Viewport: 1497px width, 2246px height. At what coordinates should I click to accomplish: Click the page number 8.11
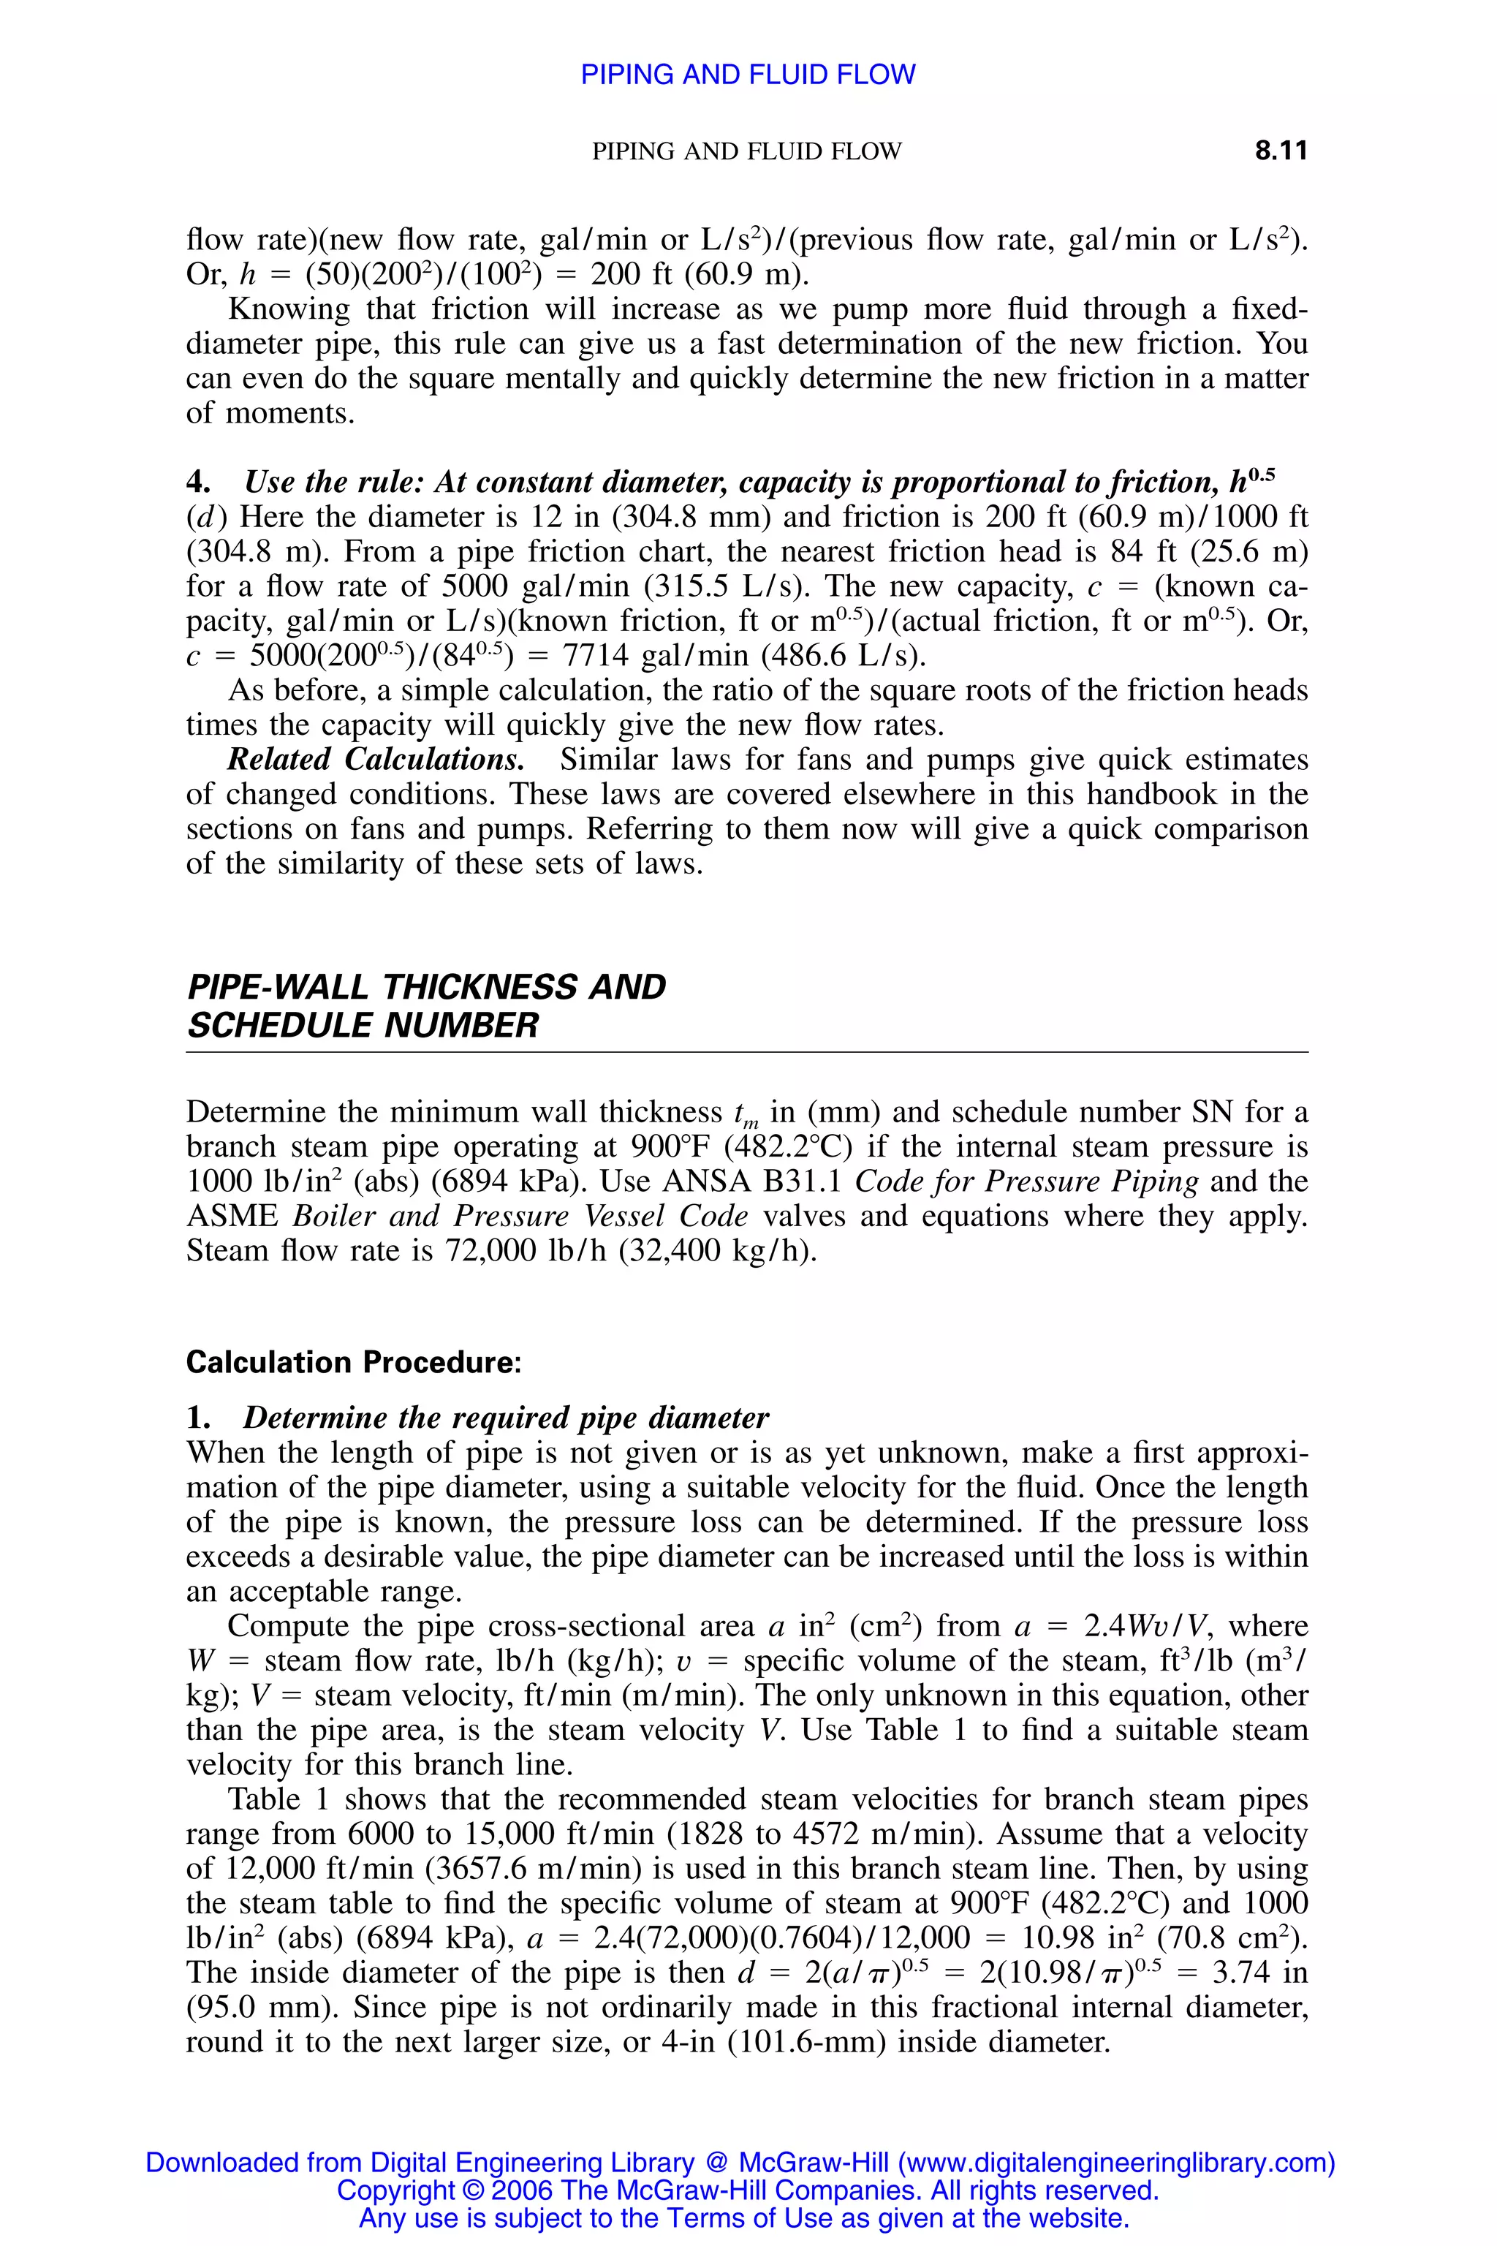click(x=1281, y=151)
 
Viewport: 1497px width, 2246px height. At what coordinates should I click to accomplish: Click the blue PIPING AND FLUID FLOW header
click(x=748, y=75)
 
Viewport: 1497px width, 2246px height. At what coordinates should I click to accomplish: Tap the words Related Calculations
click(x=375, y=760)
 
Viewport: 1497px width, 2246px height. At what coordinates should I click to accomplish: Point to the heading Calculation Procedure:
click(x=353, y=1362)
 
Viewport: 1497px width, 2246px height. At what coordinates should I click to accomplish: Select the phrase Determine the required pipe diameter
click(x=506, y=1417)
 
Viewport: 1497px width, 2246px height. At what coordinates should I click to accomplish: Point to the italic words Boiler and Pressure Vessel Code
click(x=520, y=1217)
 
